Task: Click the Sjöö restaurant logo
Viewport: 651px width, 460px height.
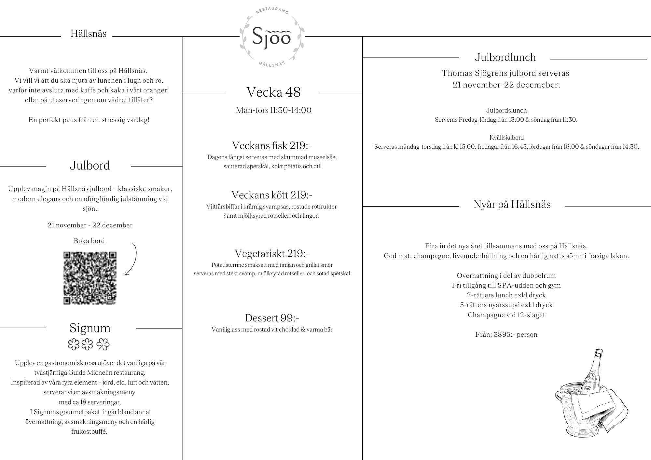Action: click(x=272, y=37)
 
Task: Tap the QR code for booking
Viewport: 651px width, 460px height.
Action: click(x=90, y=278)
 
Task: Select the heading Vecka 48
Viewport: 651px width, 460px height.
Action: click(x=273, y=92)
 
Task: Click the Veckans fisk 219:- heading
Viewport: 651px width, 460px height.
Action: click(x=272, y=145)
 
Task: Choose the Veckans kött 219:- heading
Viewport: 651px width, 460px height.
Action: click(x=272, y=195)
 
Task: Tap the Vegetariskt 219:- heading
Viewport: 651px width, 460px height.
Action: click(x=272, y=253)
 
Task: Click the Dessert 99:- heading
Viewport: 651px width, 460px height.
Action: click(x=272, y=318)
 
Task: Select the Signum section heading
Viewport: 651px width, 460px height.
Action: click(x=90, y=328)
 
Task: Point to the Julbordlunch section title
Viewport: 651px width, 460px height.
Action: click(x=505, y=57)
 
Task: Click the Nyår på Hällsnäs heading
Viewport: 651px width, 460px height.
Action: click(x=512, y=204)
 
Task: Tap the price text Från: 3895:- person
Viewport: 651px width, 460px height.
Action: click(x=506, y=334)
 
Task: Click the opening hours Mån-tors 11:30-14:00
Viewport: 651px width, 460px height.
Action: click(x=273, y=110)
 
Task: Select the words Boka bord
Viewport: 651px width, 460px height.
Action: click(x=89, y=241)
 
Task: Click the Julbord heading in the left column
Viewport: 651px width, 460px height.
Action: click(x=90, y=166)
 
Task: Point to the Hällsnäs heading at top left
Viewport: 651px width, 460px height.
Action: click(x=89, y=34)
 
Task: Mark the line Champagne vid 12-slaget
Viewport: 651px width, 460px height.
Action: click(x=506, y=315)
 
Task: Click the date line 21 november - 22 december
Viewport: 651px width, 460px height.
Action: click(x=90, y=225)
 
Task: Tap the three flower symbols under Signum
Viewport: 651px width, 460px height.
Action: click(x=89, y=345)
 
